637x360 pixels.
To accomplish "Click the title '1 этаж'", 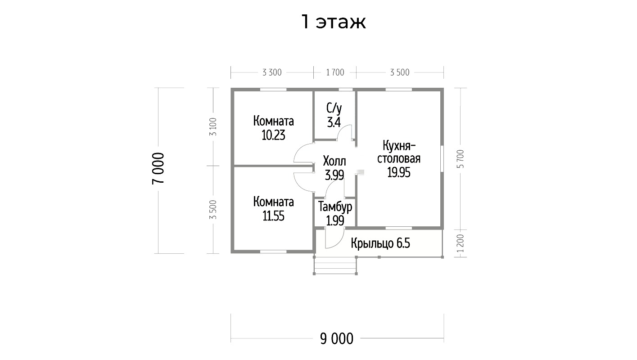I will coord(333,22).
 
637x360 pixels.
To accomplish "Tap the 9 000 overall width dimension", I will coord(337,338).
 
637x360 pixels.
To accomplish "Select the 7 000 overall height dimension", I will coord(158,168).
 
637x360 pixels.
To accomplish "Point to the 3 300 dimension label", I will coord(272,72).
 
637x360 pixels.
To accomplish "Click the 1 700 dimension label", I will coord(334,72).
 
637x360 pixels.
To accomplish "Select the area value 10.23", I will coord(273,135).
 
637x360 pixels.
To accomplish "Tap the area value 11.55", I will coord(273,216).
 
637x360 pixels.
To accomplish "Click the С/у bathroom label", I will coord(334,108).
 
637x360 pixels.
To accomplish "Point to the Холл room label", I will coord(334,161).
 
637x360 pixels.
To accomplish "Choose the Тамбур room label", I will coord(335,207).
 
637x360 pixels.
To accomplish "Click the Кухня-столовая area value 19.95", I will coord(399,172).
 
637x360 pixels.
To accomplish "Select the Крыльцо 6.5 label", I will coord(380,243).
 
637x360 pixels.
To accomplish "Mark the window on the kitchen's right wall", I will coord(442,158).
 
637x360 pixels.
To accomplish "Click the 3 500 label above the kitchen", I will coord(400,72).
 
